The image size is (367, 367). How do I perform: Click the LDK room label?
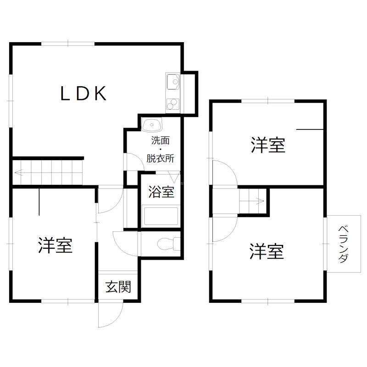[x=84, y=94]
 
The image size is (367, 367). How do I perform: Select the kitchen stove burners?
[x=173, y=104]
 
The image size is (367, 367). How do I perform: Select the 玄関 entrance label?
[x=118, y=287]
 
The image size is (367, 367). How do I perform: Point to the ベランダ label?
[x=343, y=244]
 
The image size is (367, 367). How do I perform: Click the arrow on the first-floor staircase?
[x=21, y=173]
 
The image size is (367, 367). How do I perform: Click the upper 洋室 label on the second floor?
[x=268, y=145]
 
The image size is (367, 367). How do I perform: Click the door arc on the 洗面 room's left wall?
[x=131, y=162]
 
